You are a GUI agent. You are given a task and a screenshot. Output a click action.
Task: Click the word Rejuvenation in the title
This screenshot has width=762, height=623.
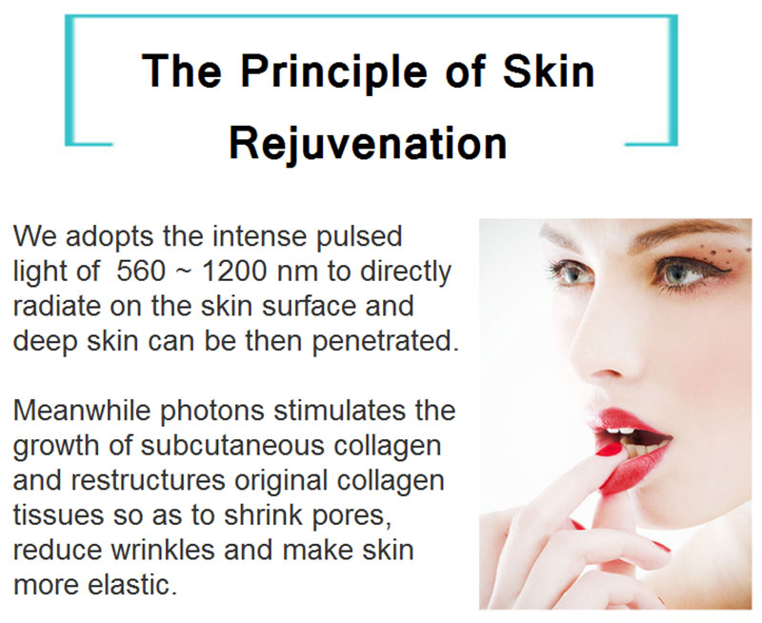(x=368, y=145)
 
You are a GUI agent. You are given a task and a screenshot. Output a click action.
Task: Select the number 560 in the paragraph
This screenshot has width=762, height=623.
(x=141, y=271)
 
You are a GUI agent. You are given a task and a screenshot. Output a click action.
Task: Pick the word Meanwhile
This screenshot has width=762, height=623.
(x=82, y=410)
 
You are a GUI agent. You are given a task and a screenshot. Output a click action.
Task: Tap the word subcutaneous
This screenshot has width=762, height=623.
(x=232, y=445)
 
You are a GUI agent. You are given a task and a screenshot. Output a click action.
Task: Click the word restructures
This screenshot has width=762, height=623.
(x=148, y=480)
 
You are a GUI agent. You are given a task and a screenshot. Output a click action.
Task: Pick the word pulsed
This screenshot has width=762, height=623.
(x=359, y=237)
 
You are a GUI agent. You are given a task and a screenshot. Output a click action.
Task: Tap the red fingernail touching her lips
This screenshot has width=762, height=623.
(x=609, y=450)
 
